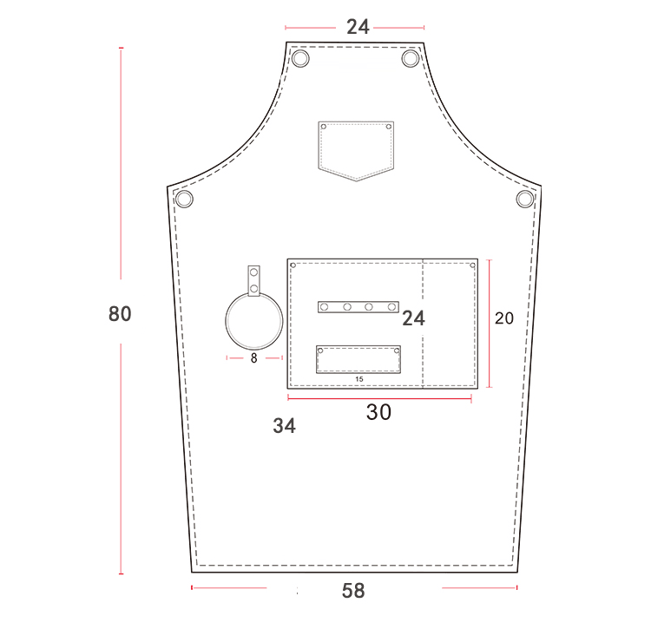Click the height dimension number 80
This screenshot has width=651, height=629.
coord(120,314)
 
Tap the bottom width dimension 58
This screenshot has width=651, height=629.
coord(353,591)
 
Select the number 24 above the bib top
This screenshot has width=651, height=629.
coord(358,27)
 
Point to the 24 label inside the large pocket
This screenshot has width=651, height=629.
coord(413,318)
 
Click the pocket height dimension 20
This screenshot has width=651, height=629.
coord(504,318)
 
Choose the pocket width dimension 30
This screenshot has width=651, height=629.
coord(378,412)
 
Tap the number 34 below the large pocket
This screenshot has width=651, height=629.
coord(285,426)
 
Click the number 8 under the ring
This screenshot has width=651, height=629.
coord(254,358)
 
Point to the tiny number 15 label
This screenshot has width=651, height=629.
coord(359,379)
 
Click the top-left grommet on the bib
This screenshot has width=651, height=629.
coord(300,58)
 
